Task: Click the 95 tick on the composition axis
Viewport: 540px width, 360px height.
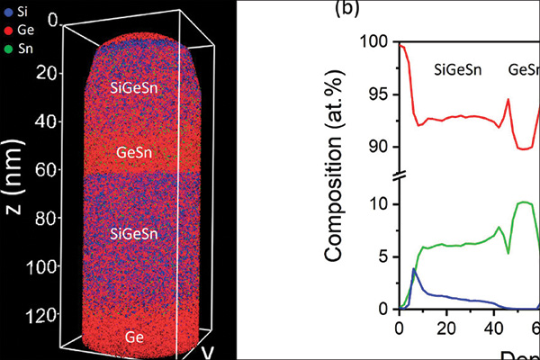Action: [379, 94]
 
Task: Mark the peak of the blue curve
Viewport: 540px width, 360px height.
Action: [413, 268]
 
